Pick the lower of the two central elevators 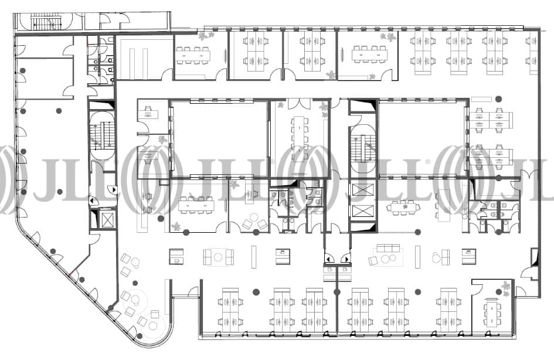tap(362, 211)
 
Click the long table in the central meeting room tap(299, 138)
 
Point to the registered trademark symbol tap(428, 162)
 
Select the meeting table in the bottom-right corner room tap(491, 311)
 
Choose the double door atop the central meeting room tap(299, 104)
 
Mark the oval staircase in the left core tap(103, 135)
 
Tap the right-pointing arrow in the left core tap(114, 190)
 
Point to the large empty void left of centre tap(220, 138)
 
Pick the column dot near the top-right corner tap(498, 99)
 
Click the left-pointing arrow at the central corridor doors tap(328, 259)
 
